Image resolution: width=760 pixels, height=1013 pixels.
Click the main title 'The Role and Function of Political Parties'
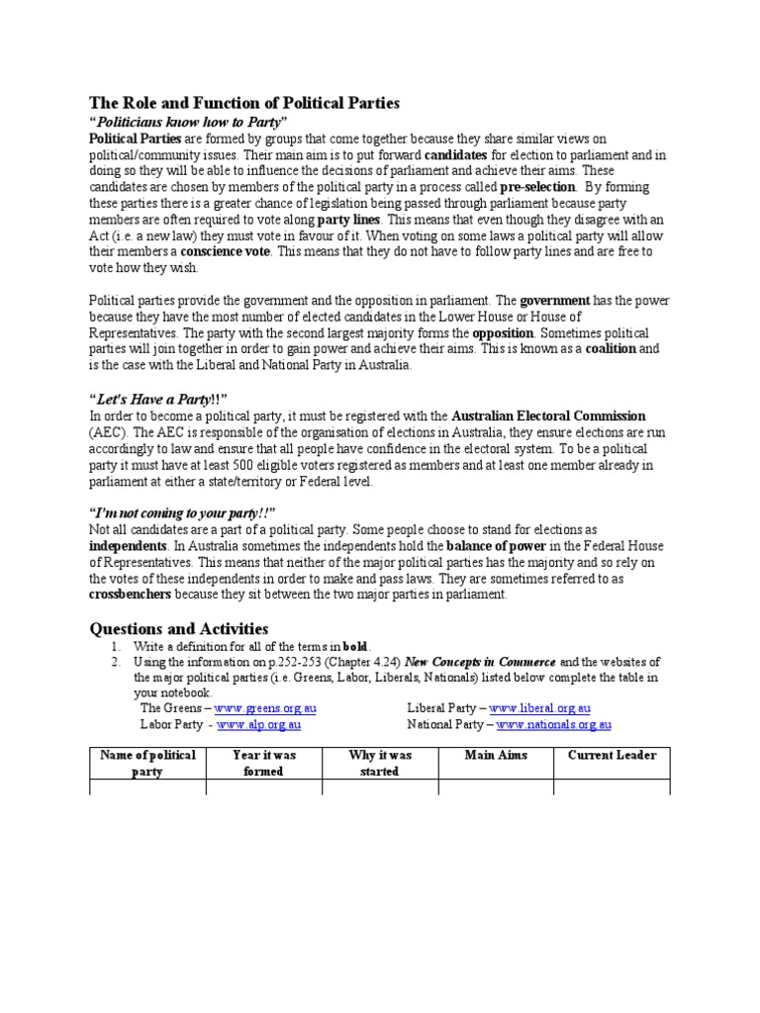(244, 103)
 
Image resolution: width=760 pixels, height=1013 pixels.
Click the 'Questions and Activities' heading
(179, 628)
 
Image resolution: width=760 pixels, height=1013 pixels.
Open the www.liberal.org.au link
(539, 708)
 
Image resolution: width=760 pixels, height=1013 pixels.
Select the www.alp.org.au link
(258, 724)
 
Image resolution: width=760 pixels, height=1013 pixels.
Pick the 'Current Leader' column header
(612, 756)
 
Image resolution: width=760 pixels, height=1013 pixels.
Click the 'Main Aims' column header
(496, 756)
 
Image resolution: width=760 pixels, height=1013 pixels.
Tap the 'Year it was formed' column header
(263, 763)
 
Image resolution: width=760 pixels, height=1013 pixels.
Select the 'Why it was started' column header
(380, 763)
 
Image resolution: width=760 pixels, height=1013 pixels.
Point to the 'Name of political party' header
(147, 763)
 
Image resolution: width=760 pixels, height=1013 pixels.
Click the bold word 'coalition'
(607, 349)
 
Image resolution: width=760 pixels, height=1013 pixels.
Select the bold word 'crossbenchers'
(131, 595)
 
